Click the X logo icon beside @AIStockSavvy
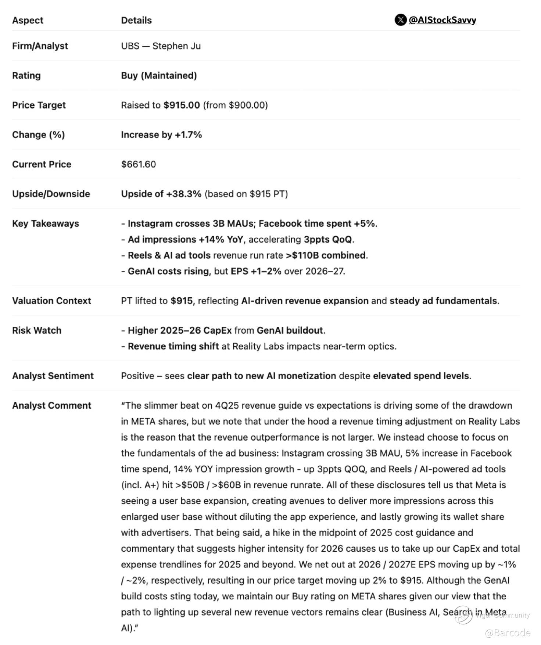pyautogui.click(x=400, y=20)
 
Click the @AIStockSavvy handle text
pyautogui.click(x=443, y=20)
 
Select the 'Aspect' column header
pyautogui.click(x=28, y=20)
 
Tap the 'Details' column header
pyautogui.click(x=136, y=20)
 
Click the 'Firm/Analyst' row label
pyautogui.click(x=40, y=46)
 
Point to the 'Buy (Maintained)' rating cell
pyautogui.click(x=159, y=75)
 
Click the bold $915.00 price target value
pyautogui.click(x=182, y=105)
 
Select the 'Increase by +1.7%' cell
pyautogui.click(x=161, y=135)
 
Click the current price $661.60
pyautogui.click(x=139, y=164)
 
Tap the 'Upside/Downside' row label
pyautogui.click(x=51, y=194)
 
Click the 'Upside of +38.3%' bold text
pyautogui.click(x=161, y=194)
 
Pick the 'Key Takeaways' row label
pyautogui.click(x=46, y=223)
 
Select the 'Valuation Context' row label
pyautogui.click(x=51, y=301)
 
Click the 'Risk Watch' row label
pyautogui.click(x=37, y=330)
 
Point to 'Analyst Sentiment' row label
pyautogui.click(x=53, y=376)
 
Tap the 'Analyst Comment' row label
pyautogui.click(x=51, y=405)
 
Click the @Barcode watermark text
pyautogui.click(x=508, y=633)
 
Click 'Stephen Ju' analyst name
pyautogui.click(x=176, y=46)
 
